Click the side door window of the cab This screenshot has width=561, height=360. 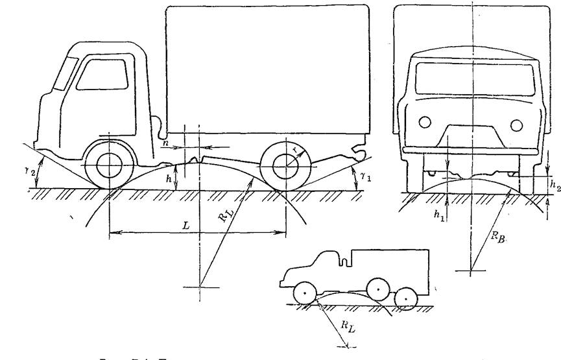pos(96,76)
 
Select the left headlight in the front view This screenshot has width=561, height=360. pos(426,121)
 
